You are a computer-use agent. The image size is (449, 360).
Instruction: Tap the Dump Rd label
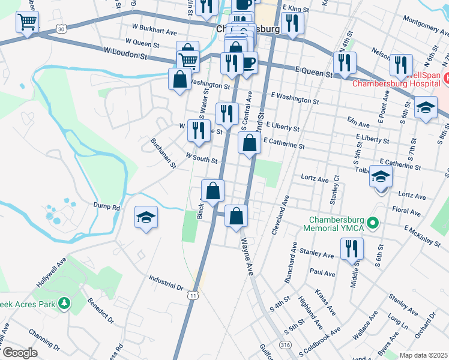pyautogui.click(x=107, y=206)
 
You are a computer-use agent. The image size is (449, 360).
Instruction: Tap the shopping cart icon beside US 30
pyautogui.click(x=27, y=22)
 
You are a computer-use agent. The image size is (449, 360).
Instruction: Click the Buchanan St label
pyautogui.click(x=163, y=153)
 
